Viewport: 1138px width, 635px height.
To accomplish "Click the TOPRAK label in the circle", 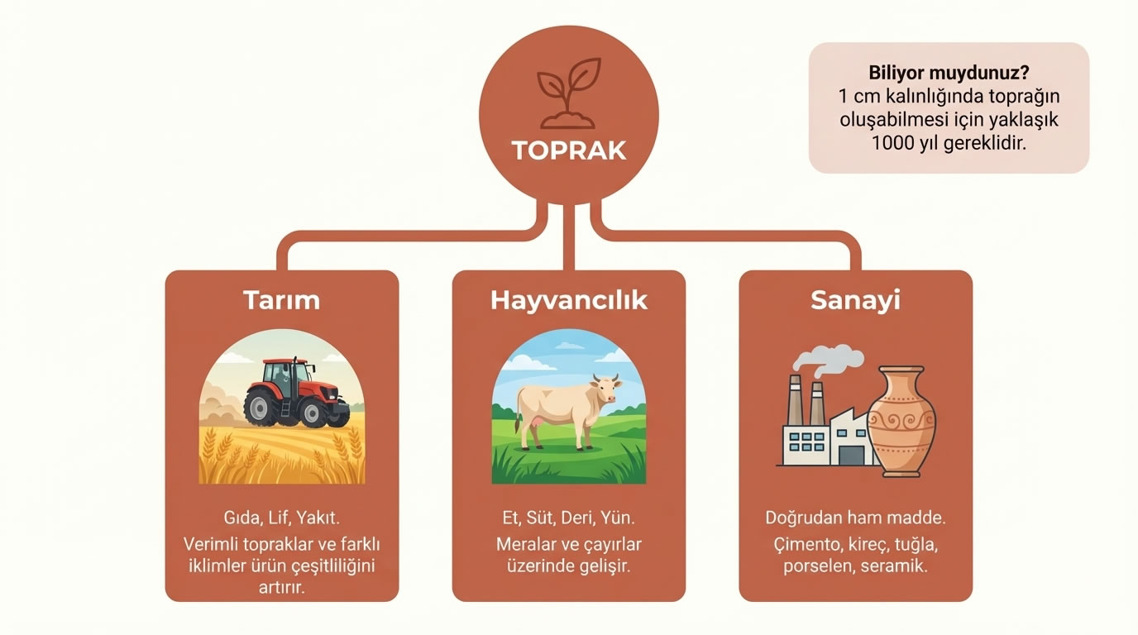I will pyautogui.click(x=569, y=150).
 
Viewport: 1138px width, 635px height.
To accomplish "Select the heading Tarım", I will pyautogui.click(x=281, y=299).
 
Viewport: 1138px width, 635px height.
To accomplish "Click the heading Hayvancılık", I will pyautogui.click(x=569, y=299).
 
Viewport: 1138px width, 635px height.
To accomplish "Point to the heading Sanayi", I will pyautogui.click(x=855, y=299).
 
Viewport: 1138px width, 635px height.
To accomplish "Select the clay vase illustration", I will pyautogui.click(x=902, y=422).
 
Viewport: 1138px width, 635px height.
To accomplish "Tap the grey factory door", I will pyautogui.click(x=849, y=455).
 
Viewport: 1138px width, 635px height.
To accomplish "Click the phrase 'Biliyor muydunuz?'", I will pyautogui.click(x=949, y=72).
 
